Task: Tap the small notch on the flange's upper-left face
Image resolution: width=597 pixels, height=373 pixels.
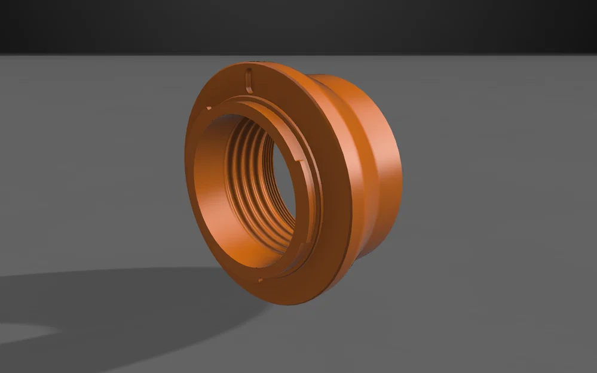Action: [x=208, y=109]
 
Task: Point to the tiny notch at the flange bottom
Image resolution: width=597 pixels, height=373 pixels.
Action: [x=261, y=280]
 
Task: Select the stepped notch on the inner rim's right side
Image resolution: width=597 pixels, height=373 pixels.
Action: [x=298, y=159]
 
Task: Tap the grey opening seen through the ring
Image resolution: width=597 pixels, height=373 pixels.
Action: [x=281, y=191]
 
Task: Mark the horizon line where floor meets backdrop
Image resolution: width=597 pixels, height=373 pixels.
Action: [x=120, y=55]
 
